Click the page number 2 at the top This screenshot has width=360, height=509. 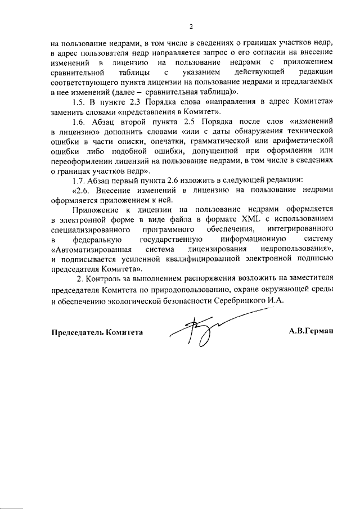point(191,26)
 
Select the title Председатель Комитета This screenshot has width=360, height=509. point(97,331)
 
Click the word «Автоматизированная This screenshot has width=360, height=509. point(91,249)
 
